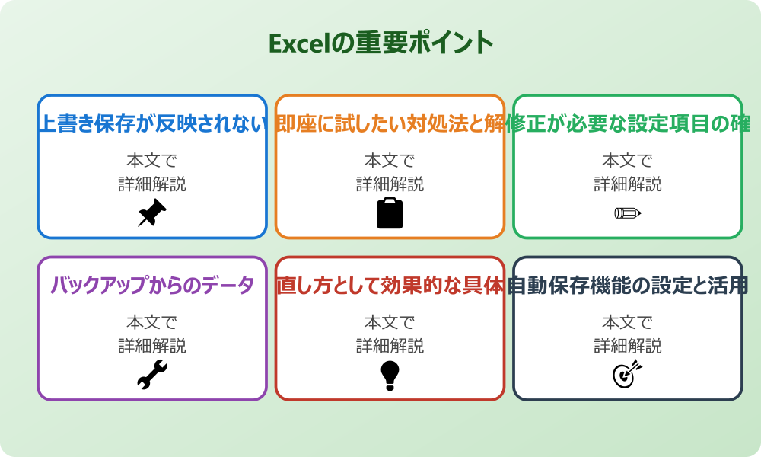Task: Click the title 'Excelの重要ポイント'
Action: (x=380, y=43)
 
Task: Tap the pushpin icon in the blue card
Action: (x=152, y=213)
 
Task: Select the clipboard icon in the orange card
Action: (x=390, y=213)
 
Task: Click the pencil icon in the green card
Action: (x=628, y=213)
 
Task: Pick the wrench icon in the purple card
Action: (x=152, y=375)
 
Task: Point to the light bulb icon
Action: (x=390, y=375)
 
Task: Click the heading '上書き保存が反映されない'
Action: (x=152, y=124)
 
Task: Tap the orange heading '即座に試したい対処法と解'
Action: (x=390, y=124)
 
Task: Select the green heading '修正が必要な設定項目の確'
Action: (x=628, y=124)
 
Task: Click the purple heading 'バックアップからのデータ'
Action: (x=152, y=286)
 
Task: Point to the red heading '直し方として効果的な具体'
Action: (x=390, y=286)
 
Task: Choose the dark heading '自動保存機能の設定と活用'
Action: (x=628, y=286)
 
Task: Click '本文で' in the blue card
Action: (x=152, y=161)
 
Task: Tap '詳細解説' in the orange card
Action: (x=390, y=184)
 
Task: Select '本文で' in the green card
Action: (x=628, y=161)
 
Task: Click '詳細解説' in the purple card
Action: (x=152, y=346)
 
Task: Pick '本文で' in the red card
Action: (x=390, y=322)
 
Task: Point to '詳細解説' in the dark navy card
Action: (x=628, y=346)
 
